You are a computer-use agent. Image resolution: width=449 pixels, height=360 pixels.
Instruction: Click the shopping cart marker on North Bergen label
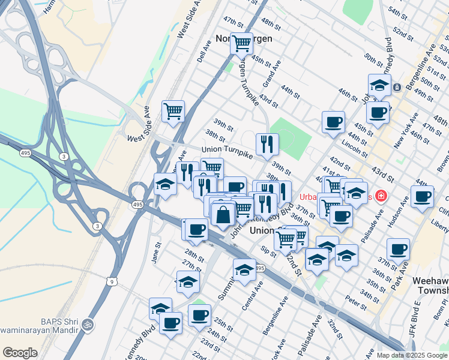coord(241,44)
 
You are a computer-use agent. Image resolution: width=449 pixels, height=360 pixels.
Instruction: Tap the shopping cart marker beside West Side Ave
coord(173,111)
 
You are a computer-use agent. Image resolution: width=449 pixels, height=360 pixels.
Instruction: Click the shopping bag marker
coord(223,215)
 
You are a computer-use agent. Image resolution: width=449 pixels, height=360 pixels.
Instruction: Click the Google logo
coord(20,353)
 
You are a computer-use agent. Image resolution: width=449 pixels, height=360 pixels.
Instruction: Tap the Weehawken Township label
coord(430,286)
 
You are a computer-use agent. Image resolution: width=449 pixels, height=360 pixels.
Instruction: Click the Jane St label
coord(158,253)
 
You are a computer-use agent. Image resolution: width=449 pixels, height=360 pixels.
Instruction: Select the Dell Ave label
coord(203,52)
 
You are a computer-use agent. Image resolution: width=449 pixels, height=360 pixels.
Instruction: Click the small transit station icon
coord(397,88)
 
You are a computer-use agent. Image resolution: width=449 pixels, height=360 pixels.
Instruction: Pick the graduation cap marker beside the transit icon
coord(379,86)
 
